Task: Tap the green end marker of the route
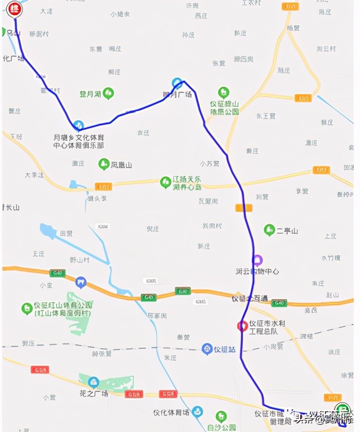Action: pyautogui.click(x=341, y=409)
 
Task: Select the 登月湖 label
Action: pyautogui.click(x=89, y=94)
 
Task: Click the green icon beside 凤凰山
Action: pyautogui.click(x=104, y=164)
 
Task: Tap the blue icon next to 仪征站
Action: pyautogui.click(x=207, y=349)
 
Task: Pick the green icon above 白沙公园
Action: pyautogui.click(x=221, y=416)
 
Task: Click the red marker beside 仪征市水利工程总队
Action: pyautogui.click(x=242, y=326)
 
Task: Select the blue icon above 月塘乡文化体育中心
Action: pyautogui.click(x=78, y=125)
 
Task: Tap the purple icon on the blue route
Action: pyautogui.click(x=257, y=260)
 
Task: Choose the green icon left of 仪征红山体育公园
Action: pyautogui.click(x=27, y=309)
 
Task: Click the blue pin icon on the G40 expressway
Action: pyautogui.click(x=81, y=282)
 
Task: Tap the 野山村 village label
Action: pyautogui.click(x=80, y=259)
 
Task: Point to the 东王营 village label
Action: pyautogui.click(x=265, y=116)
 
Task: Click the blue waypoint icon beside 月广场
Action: pyautogui.click(x=177, y=83)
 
